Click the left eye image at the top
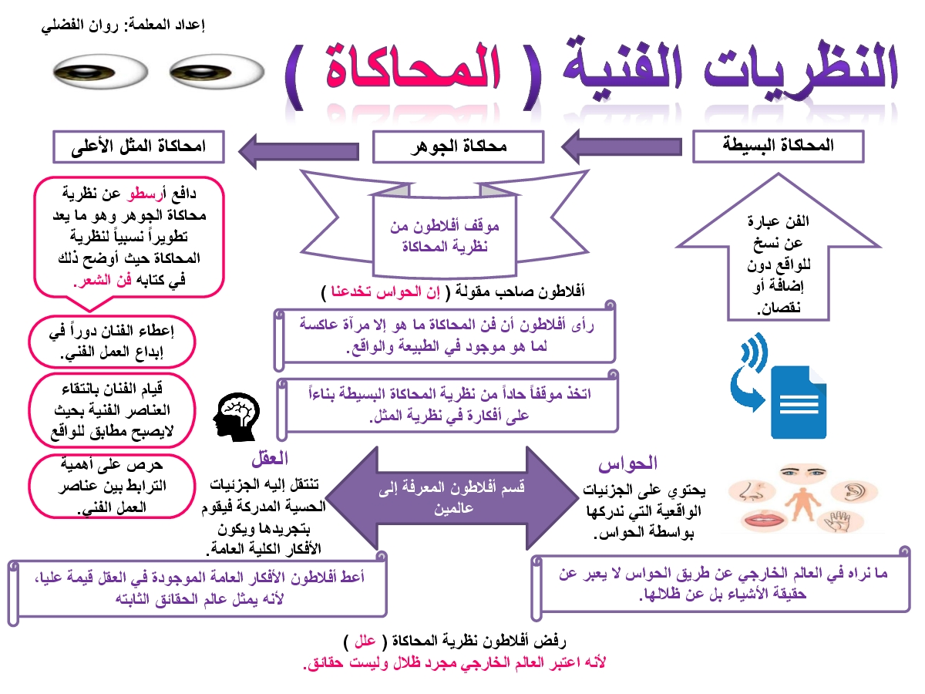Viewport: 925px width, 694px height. [x=100, y=74]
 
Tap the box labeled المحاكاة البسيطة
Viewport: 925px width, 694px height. [x=777, y=146]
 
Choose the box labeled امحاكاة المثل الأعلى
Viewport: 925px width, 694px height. [x=139, y=147]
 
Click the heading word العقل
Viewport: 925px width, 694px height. [x=269, y=458]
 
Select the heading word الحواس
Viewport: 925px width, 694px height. [x=627, y=463]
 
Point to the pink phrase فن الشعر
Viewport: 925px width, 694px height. [x=94, y=282]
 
